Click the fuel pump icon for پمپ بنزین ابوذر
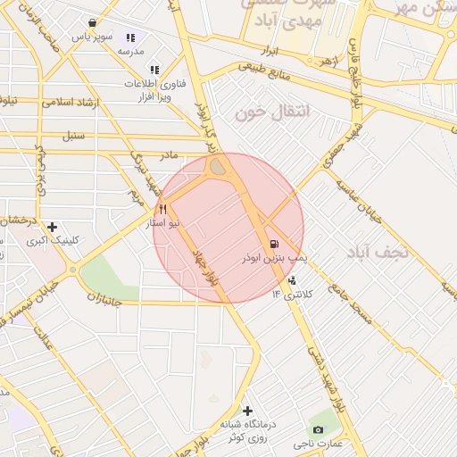tap(272, 244)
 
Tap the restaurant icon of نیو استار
tap(162, 209)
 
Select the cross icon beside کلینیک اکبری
tap(53, 227)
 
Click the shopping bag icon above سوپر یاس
tap(92, 24)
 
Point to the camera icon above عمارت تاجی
tap(319, 429)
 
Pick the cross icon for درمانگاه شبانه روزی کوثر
tap(247, 411)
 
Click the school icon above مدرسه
tap(131, 38)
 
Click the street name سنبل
tap(72, 137)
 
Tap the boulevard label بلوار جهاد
tap(205, 268)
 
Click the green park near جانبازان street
tap(111, 276)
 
